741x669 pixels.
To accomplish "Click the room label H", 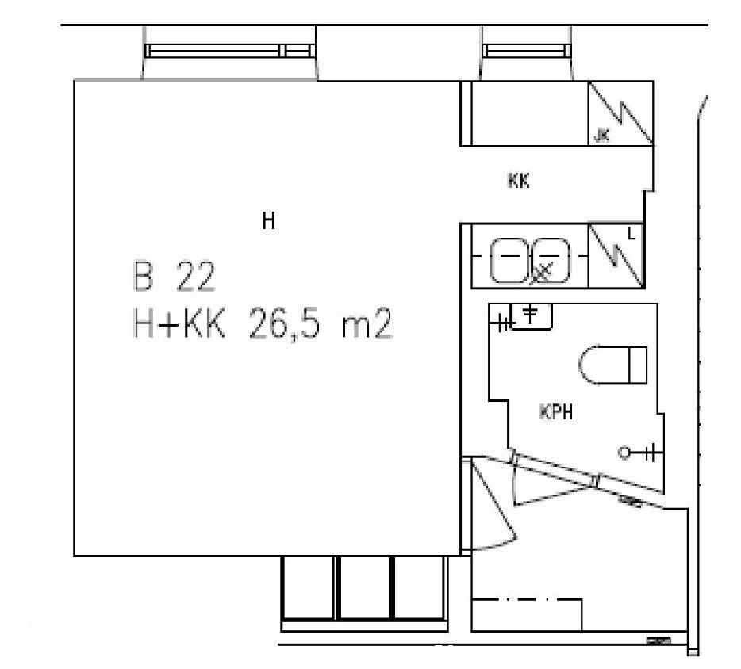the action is (x=268, y=221).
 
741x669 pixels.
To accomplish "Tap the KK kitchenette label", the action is (x=518, y=181).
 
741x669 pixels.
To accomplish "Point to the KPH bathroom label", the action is (x=556, y=412).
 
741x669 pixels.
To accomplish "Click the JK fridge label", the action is (x=601, y=136).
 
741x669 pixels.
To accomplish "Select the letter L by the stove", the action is (x=632, y=233).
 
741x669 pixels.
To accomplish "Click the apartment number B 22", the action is (x=175, y=276).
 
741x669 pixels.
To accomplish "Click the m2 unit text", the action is (x=367, y=325).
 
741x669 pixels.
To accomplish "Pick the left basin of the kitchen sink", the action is (x=509, y=260).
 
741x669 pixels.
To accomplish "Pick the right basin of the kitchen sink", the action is (x=551, y=260).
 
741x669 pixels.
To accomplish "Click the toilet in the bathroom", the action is (x=612, y=365).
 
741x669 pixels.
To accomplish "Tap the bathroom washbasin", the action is (x=532, y=316).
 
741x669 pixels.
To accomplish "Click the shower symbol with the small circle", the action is (x=636, y=453).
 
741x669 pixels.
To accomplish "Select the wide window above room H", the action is (x=229, y=51).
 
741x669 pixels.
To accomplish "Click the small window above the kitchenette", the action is (x=525, y=51).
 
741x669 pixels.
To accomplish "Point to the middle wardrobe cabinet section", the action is (x=364, y=588).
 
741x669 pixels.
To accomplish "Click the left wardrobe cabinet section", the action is (x=309, y=588).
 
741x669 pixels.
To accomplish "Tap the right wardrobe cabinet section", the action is (x=420, y=588).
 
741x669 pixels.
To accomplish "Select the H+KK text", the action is (x=179, y=324).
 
